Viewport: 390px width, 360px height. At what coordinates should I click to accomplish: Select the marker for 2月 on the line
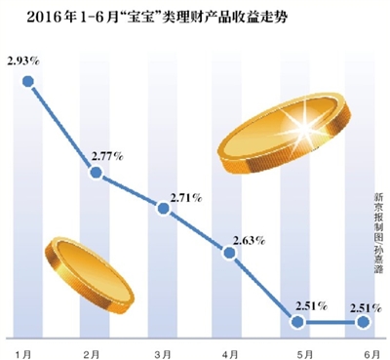tap(96, 174)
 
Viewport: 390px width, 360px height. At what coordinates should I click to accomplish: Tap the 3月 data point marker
tap(163, 207)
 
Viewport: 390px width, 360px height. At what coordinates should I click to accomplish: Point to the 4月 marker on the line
tap(230, 253)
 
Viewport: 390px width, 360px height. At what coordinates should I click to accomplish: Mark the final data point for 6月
tap(363, 322)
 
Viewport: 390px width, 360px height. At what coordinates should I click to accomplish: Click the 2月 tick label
tap(94, 348)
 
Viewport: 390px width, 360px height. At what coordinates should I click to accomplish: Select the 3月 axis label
tap(162, 348)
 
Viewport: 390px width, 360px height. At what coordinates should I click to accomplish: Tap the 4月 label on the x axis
tap(228, 348)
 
